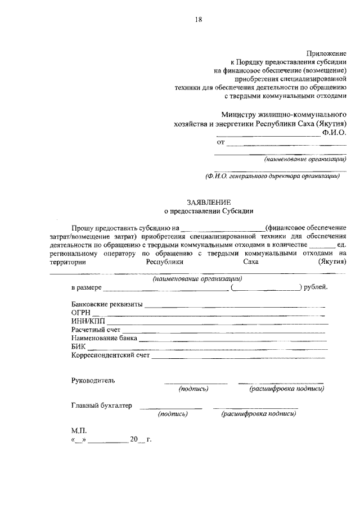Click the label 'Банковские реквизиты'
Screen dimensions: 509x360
(107, 304)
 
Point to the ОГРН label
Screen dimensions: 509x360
(81, 313)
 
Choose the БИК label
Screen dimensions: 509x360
(78, 346)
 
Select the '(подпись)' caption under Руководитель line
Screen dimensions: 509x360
(193, 389)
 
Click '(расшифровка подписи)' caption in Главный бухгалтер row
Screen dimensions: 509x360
(259, 413)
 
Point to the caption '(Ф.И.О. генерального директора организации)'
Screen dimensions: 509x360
(273, 175)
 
